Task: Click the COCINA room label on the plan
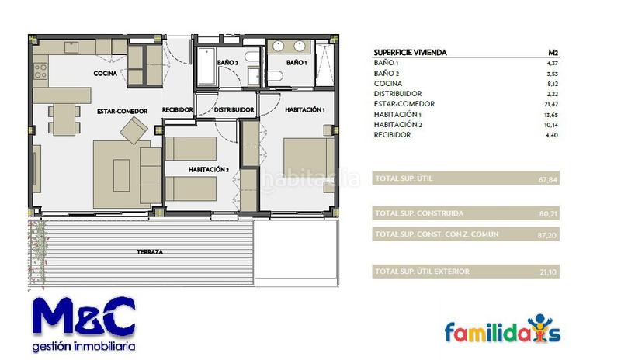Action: [x=106, y=73]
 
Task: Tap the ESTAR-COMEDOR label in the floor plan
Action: [x=122, y=111]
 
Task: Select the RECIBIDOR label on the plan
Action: [x=177, y=110]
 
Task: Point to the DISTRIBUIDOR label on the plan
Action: [x=234, y=110]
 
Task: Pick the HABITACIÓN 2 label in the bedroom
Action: [x=208, y=168]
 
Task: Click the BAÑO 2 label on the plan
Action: [x=227, y=62]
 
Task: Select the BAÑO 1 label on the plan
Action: [x=297, y=62]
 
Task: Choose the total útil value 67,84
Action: [x=548, y=179]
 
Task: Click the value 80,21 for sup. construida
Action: [x=548, y=213]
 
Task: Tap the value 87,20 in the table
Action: [x=548, y=234]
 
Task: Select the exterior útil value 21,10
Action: [x=548, y=272]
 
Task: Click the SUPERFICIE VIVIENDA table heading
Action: [x=410, y=53]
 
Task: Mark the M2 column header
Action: [x=553, y=53]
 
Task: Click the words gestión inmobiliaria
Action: [x=84, y=346]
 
